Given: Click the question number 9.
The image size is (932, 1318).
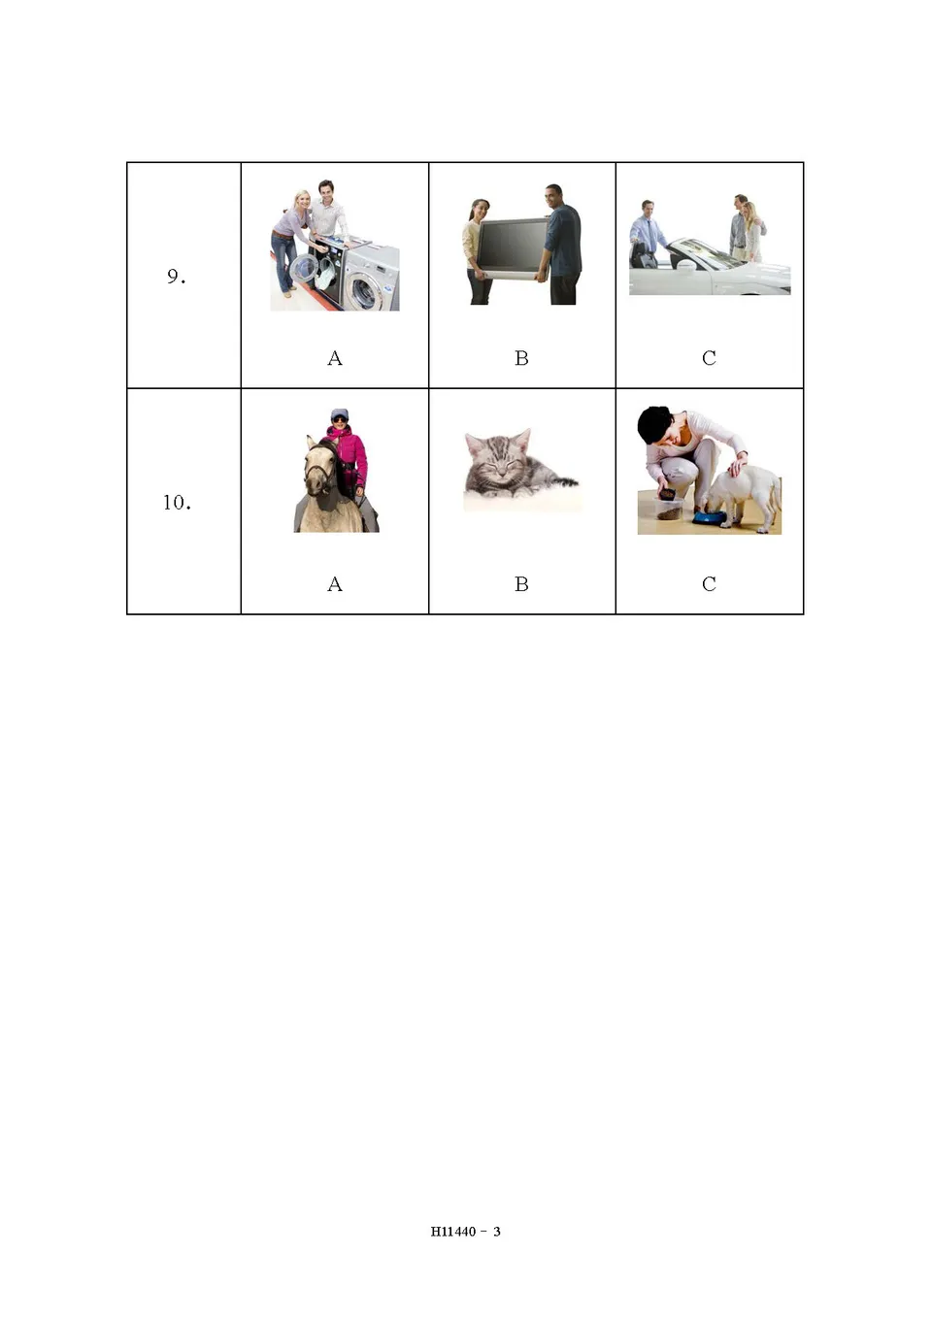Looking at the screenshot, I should (175, 277).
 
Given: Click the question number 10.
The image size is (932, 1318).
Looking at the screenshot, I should (176, 503).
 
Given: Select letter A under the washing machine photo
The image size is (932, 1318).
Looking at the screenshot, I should (335, 358).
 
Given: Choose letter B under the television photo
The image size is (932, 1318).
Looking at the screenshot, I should (521, 358).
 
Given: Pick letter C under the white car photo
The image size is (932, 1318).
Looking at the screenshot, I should (709, 358).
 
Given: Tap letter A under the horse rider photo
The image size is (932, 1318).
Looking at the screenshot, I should (335, 584).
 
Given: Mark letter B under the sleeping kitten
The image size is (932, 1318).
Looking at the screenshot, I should (521, 584).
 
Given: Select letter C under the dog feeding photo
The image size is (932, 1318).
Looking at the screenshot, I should (709, 584).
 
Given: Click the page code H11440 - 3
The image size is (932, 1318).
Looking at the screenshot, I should (466, 1232).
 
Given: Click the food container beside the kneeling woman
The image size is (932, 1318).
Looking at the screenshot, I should (668, 508).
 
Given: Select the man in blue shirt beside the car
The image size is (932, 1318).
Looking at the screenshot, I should (646, 233).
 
